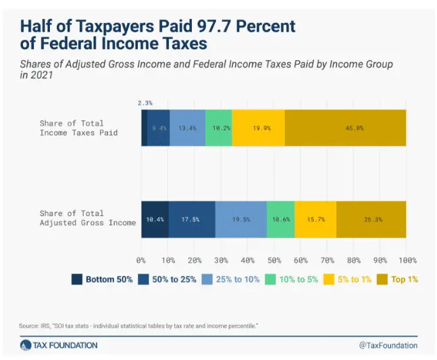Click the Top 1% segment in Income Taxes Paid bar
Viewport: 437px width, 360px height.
pyautogui.click(x=345, y=128)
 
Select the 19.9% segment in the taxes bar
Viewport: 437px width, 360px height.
pyautogui.click(x=258, y=128)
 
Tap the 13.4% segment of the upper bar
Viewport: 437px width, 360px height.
pyautogui.click(x=187, y=128)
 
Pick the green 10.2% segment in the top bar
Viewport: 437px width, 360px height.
pyautogui.click(x=218, y=128)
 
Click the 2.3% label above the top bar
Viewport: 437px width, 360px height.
pyautogui.click(x=145, y=103)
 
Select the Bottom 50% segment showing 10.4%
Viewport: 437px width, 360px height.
pyautogui.click(x=155, y=220)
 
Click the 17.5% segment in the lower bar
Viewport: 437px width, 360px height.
pyautogui.click(x=192, y=220)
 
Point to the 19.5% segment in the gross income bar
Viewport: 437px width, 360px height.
pyautogui.click(x=241, y=220)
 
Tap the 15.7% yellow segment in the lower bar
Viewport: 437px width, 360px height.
pyautogui.click(x=315, y=220)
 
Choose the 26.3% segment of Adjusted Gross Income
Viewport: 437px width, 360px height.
pyautogui.click(x=371, y=220)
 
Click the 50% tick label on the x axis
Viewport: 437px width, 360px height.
pyautogui.click(x=274, y=260)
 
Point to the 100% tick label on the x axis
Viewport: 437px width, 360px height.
pyautogui.click(x=406, y=260)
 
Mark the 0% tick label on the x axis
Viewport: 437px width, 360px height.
pyautogui.click(x=141, y=260)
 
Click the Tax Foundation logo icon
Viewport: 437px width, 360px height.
pyautogui.click(x=26, y=345)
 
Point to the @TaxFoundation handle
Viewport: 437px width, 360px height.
pyautogui.click(x=388, y=345)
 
